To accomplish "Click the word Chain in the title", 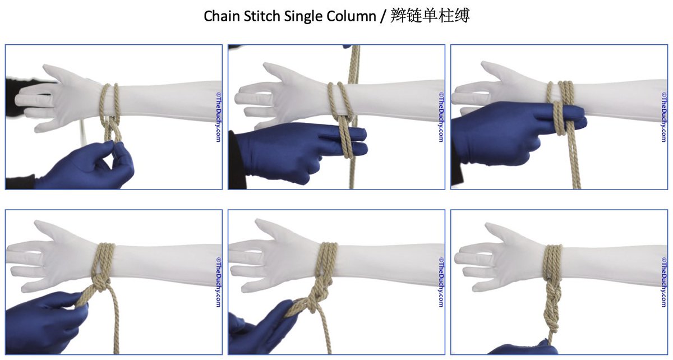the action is point(222,16).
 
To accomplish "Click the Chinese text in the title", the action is point(430,16).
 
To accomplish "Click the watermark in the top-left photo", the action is point(218,117).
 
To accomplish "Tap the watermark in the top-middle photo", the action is point(441,117).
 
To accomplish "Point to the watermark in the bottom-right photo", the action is point(664,282).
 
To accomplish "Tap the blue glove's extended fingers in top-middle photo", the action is point(343,141).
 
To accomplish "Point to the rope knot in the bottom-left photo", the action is point(100,283).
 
